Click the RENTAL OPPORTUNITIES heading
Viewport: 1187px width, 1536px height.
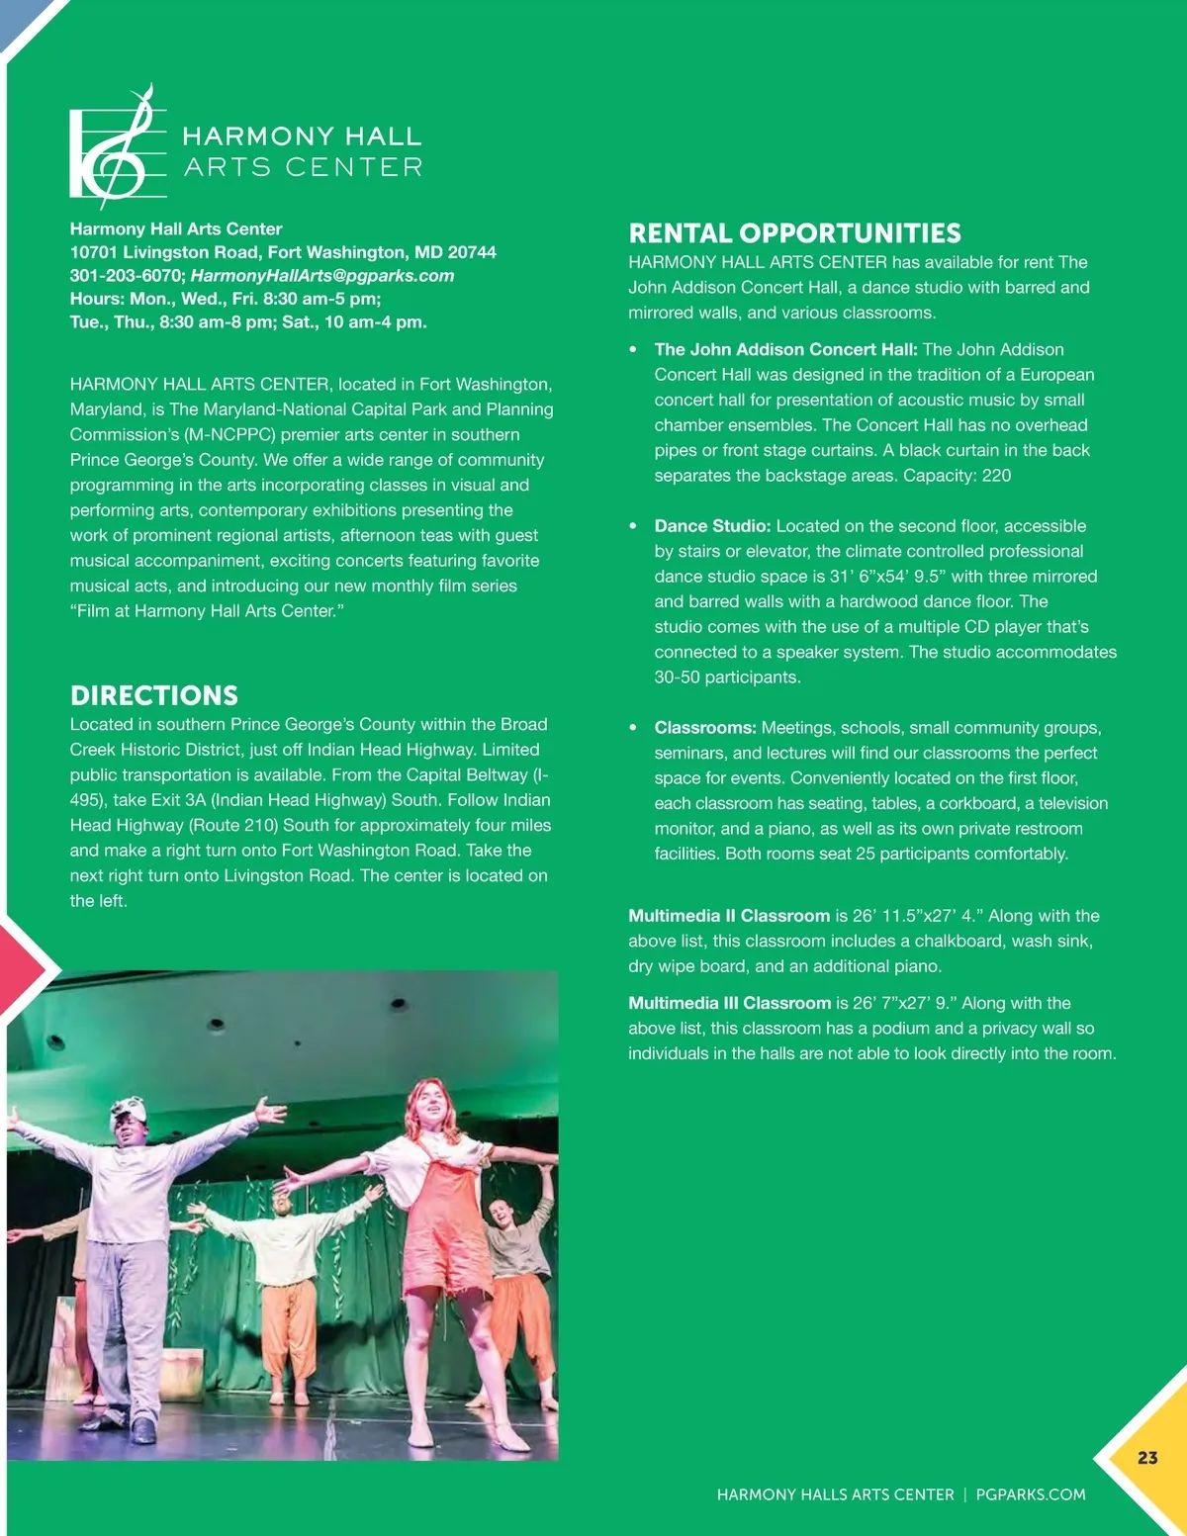tap(794, 233)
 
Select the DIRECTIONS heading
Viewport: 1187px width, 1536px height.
tap(154, 695)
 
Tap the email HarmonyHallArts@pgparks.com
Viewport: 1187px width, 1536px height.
tap(322, 276)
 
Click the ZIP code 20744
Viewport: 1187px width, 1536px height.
tap(472, 252)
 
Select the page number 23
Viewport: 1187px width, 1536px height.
tap(1147, 1458)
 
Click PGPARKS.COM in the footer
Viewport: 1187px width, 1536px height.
tap(1030, 1494)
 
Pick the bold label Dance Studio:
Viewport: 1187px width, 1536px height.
tap(712, 526)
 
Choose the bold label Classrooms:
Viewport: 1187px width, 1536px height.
tap(705, 728)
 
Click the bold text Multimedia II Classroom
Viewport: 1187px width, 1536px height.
tap(729, 916)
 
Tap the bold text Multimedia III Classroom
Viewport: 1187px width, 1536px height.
tap(729, 1003)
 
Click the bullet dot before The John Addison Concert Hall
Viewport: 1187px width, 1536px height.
tap(633, 350)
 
